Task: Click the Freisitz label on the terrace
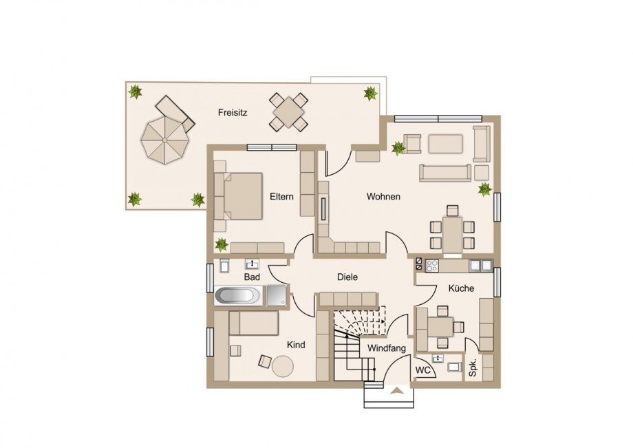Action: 233,112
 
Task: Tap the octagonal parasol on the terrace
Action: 164,140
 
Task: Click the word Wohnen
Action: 383,197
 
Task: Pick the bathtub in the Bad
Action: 238,295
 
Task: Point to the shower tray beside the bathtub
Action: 276,295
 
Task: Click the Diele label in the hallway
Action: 347,277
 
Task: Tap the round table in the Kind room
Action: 283,366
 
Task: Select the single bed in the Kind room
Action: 253,323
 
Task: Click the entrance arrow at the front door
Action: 397,390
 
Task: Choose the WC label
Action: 422,370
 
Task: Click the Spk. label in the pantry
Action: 473,367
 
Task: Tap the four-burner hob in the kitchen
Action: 431,265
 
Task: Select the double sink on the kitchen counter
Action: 481,265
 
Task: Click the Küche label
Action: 461,288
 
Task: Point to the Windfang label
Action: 387,348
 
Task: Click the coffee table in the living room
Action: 445,144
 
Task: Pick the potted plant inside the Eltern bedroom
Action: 222,244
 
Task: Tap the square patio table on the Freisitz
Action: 288,111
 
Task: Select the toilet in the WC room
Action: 454,367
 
